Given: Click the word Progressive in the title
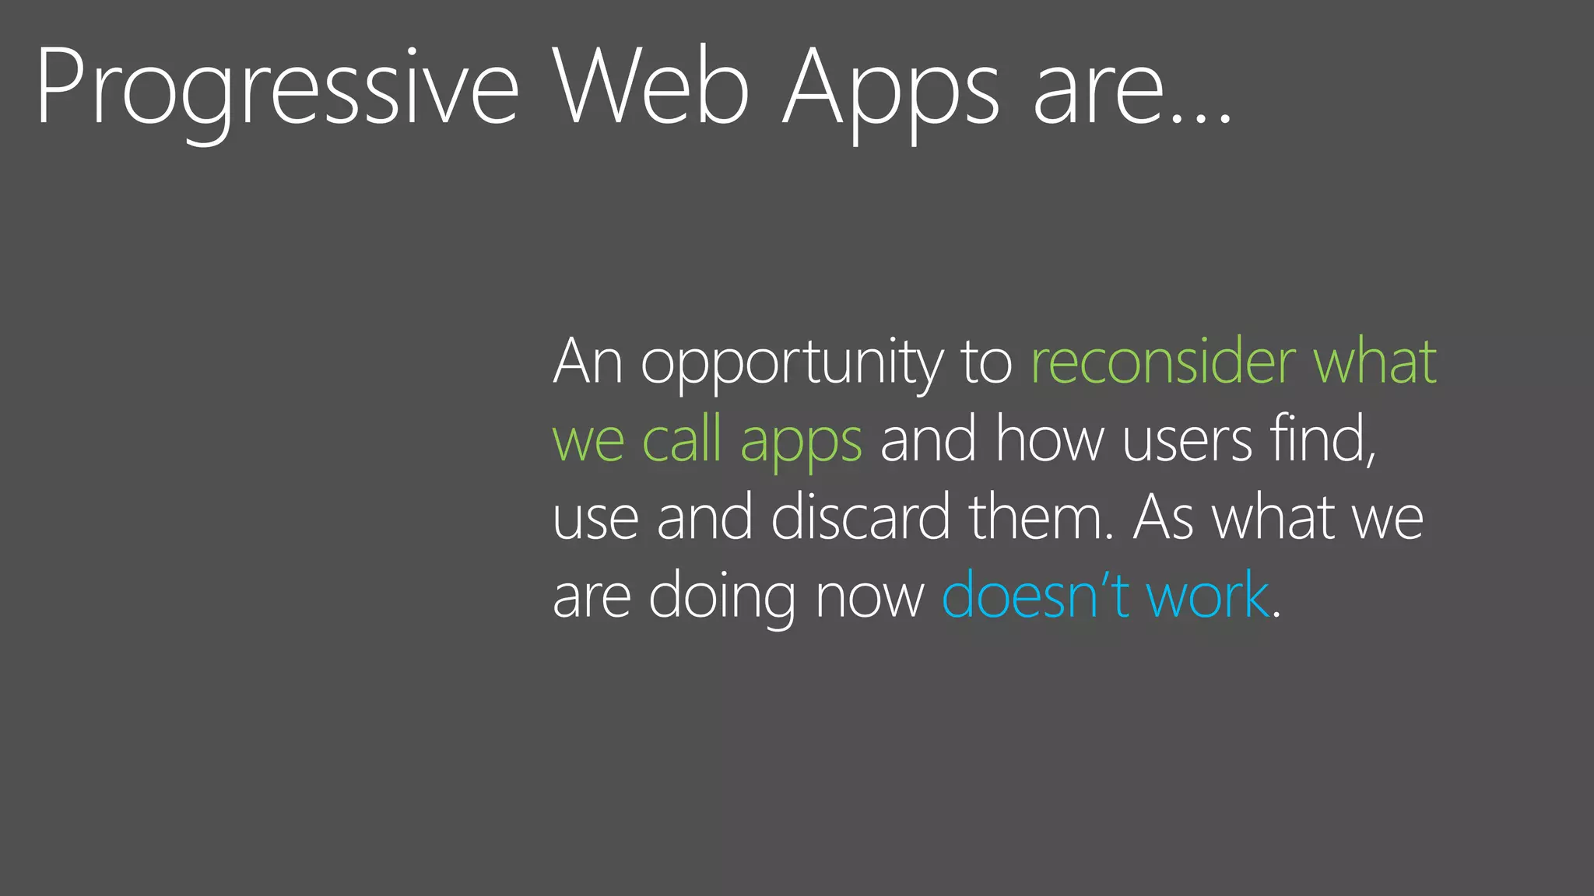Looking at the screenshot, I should [276, 87].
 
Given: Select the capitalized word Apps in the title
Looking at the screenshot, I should [891, 87].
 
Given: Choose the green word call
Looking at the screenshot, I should [682, 439].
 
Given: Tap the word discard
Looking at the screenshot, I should [861, 517].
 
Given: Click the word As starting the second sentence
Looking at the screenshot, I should [1163, 518].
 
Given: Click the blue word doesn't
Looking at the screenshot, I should [1035, 596].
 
